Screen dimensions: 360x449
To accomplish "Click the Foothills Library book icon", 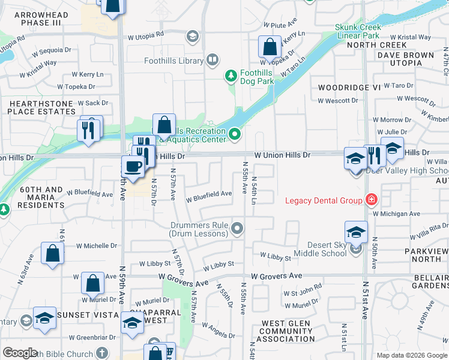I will [x=212, y=59].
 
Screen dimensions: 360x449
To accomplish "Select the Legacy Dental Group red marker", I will [x=372, y=200].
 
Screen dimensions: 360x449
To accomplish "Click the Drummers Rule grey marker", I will [x=238, y=227].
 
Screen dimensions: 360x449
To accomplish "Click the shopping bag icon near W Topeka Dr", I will [x=270, y=46].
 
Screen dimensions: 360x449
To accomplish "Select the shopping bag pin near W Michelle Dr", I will [x=52, y=253].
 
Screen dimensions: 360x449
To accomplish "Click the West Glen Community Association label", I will [x=286, y=331].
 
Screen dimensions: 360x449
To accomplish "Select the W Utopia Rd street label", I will [x=146, y=37].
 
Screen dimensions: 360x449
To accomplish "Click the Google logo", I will [x=20, y=353].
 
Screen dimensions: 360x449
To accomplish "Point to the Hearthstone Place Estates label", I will [x=41, y=107].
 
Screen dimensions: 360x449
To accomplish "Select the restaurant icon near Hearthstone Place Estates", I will [x=89, y=129].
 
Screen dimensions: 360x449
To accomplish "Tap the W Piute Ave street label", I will [x=281, y=25].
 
